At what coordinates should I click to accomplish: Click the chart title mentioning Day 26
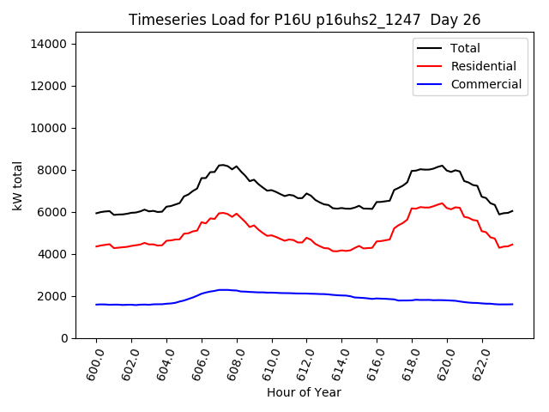click(x=305, y=20)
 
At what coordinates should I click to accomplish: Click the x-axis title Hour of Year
click(x=304, y=392)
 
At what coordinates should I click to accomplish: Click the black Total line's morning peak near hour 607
click(x=222, y=165)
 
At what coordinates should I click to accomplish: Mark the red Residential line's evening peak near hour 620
click(x=442, y=203)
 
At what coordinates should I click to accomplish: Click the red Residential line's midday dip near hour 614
click(x=336, y=251)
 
